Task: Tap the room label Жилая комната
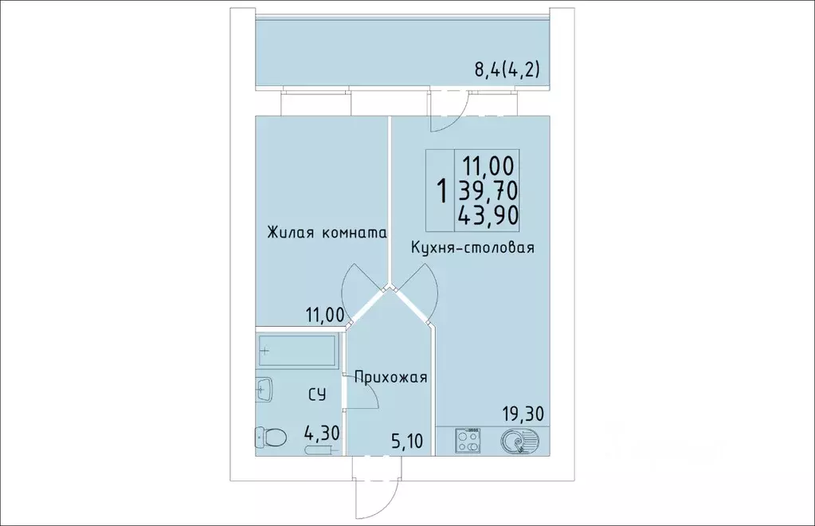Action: tap(327, 234)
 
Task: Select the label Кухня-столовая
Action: tap(472, 248)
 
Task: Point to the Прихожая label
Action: tap(391, 378)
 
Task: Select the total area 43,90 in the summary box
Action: tap(487, 214)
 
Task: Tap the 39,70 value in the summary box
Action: tap(487, 190)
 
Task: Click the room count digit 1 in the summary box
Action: tap(441, 190)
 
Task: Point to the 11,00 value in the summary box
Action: tap(488, 166)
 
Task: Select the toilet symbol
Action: tap(271, 438)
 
